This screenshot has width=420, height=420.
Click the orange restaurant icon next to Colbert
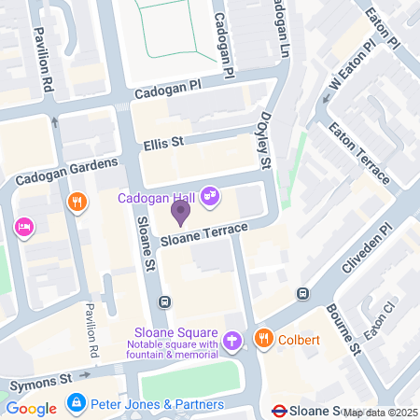click(265, 339)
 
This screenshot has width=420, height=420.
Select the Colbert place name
click(300, 340)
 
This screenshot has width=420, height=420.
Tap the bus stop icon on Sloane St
click(164, 301)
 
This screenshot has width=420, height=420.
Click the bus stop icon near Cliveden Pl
click(302, 294)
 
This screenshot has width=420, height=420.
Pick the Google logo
click(31, 408)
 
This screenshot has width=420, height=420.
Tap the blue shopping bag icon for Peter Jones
click(76, 404)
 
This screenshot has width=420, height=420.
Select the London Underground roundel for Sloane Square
click(278, 410)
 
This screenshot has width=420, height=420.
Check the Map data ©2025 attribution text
click(380, 413)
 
